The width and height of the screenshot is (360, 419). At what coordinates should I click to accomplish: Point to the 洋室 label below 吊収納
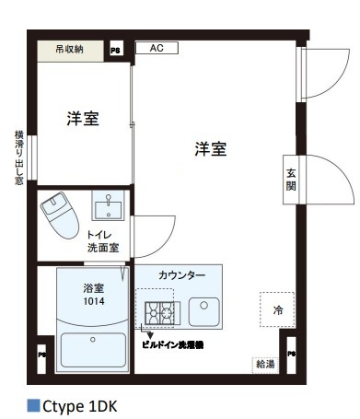pos(82,119)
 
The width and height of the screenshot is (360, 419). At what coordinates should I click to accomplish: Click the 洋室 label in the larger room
pos(210,149)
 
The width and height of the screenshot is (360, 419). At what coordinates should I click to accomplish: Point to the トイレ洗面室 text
pos(102,241)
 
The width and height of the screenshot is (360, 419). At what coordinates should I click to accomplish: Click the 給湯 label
pos(264,364)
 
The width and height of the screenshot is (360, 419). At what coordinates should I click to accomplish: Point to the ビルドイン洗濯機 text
pos(172,343)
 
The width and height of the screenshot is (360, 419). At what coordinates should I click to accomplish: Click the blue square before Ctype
pos(33,403)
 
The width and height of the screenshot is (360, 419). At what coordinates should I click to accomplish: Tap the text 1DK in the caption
pos(103,404)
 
